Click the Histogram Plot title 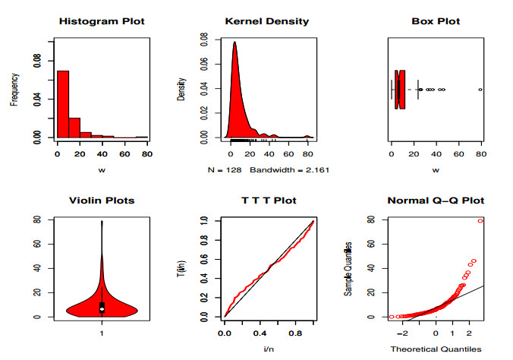tap(102, 21)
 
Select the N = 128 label tap(225, 169)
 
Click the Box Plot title tap(436, 21)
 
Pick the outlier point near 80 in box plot tap(480, 90)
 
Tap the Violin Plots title tap(102, 201)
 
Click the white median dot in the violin tap(102, 309)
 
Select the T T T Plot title tap(269, 201)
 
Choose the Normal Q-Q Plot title tap(436, 201)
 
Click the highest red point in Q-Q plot tap(480, 221)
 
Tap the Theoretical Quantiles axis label tap(436, 349)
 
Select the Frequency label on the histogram tap(14, 88)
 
